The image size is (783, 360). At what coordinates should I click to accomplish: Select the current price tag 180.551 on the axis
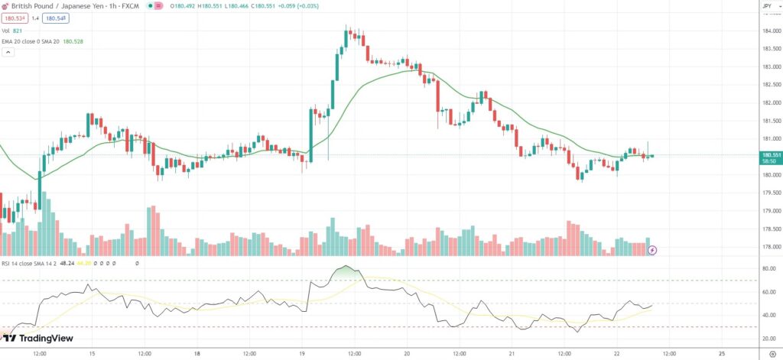click(770, 155)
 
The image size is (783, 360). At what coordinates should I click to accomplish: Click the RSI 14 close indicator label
click(31, 262)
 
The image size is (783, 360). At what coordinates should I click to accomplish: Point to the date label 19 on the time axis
click(302, 354)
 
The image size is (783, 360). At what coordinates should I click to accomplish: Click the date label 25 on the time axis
click(722, 354)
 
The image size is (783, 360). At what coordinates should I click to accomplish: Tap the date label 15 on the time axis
click(92, 354)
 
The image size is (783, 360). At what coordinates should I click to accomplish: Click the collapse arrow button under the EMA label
click(8, 53)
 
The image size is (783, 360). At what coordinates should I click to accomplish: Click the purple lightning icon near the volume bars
click(652, 250)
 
